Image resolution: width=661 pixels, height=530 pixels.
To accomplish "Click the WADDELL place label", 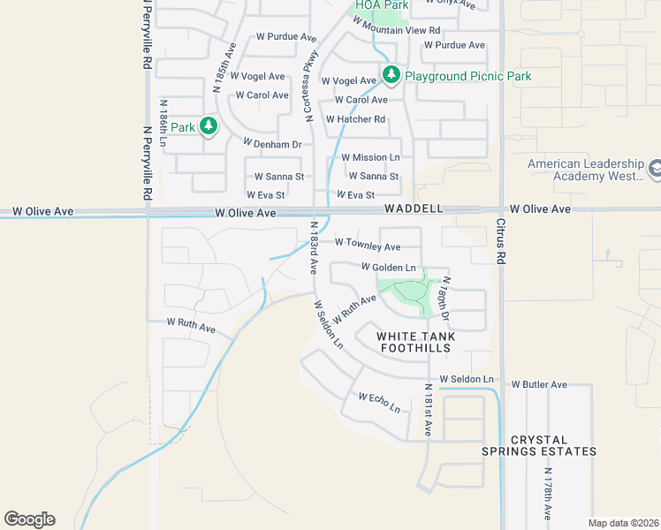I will coord(413,209).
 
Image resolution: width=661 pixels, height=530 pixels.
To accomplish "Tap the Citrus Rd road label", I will coord(500,241).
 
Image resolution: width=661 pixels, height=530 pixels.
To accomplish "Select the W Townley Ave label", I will coord(368,246).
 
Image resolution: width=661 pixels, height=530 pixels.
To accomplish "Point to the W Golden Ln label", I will coord(388,267).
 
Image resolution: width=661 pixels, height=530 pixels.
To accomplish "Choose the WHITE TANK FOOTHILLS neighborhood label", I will coord(414,343).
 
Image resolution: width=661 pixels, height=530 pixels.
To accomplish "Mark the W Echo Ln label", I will coord(379,403).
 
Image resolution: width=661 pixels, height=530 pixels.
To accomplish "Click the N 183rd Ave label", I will coord(313,248).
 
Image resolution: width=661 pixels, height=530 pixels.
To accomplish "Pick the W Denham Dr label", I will coord(272,143).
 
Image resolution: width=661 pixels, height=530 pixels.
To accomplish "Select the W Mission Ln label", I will coord(370,157).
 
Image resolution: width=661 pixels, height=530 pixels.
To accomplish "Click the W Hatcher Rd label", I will coord(355,119).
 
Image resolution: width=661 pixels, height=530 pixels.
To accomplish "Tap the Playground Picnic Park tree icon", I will coord(391,76).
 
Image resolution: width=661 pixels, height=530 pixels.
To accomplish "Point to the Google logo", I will coord(29,519).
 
